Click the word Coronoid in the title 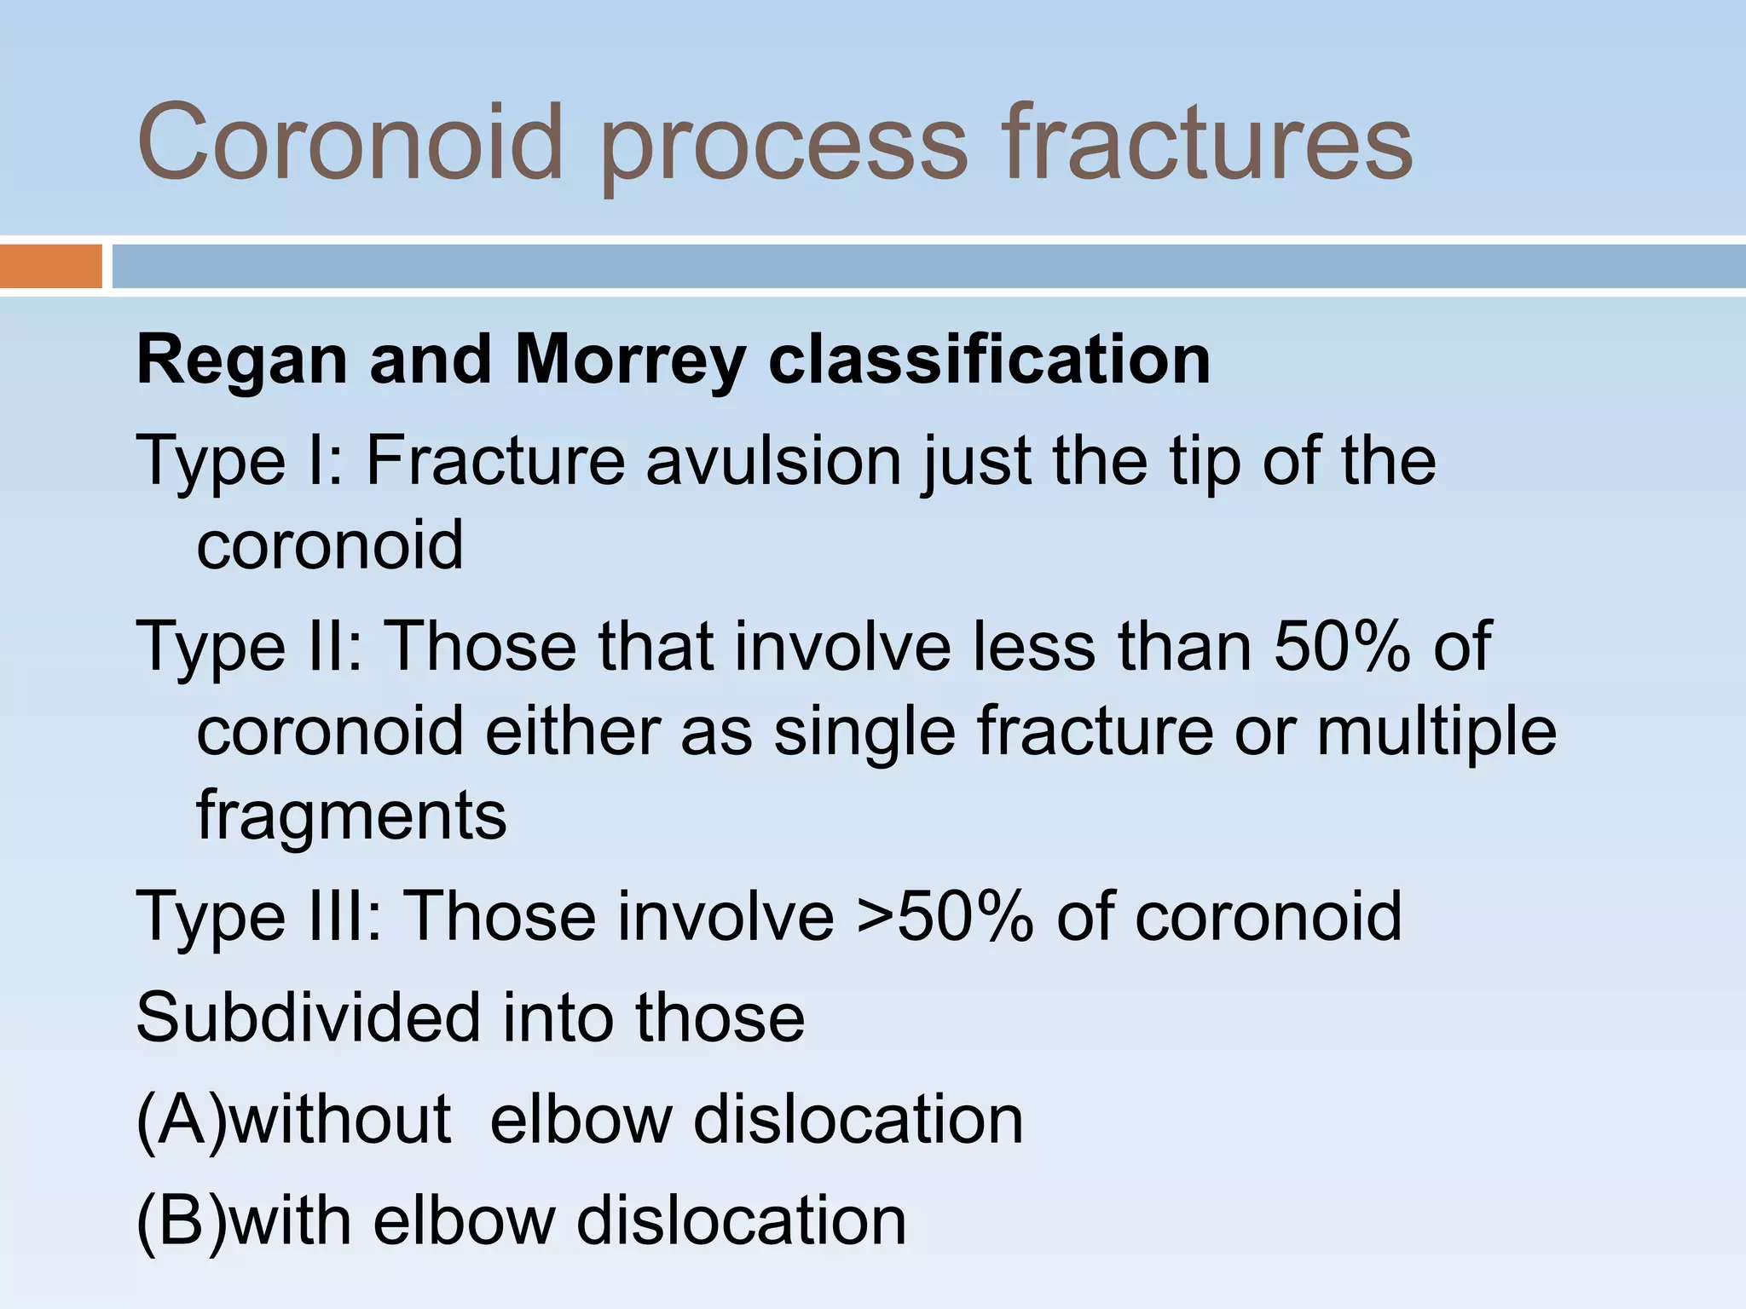(x=350, y=142)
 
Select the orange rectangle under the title (x=50, y=266)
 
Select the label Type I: (x=240, y=462)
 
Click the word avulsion (x=773, y=460)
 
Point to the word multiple (x=1436, y=732)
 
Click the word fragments (x=351, y=816)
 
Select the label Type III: (x=259, y=917)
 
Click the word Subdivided (x=308, y=1018)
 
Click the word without (x=340, y=1120)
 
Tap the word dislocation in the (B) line (x=741, y=1221)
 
